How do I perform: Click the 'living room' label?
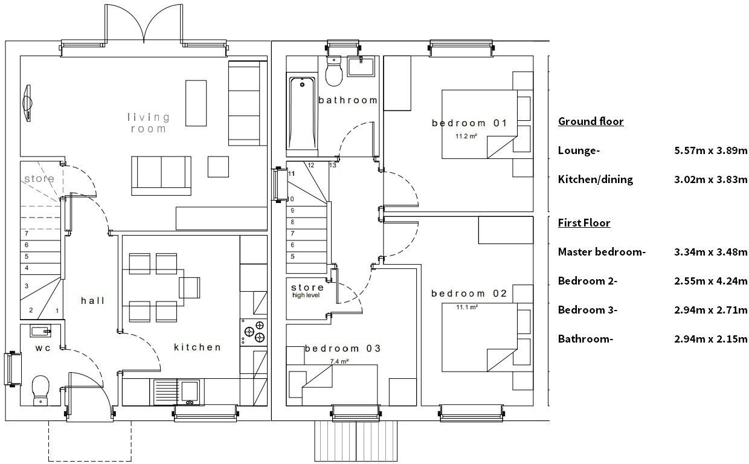pyautogui.click(x=148, y=123)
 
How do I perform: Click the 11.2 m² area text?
pyautogui.click(x=466, y=137)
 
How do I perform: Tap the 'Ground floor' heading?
pyautogui.click(x=590, y=121)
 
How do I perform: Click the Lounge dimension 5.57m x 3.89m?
pyautogui.click(x=711, y=150)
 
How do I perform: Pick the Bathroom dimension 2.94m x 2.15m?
pyautogui.click(x=711, y=339)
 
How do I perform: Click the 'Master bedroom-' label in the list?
pyautogui.click(x=602, y=252)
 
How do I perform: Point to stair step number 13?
pyautogui.click(x=332, y=165)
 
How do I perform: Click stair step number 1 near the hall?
pyautogui.click(x=57, y=311)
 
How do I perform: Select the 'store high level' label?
pyautogui.click(x=307, y=291)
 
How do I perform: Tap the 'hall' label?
pyautogui.click(x=93, y=300)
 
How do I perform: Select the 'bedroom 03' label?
pyautogui.click(x=342, y=349)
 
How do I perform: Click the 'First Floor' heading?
pyautogui.click(x=583, y=223)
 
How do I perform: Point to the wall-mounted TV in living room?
pyautogui.click(x=27, y=103)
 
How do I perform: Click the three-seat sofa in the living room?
pyautogui.click(x=246, y=103)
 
